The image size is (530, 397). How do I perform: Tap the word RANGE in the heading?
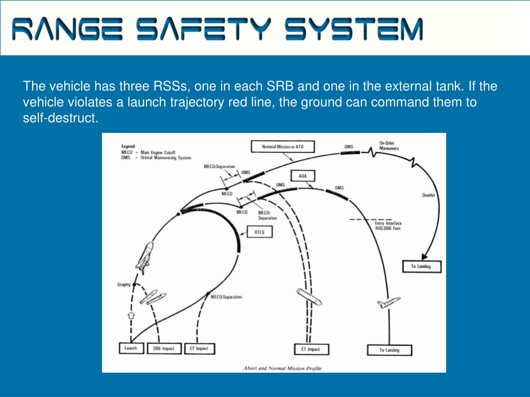click(x=67, y=29)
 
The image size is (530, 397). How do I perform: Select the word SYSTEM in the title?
click(x=354, y=29)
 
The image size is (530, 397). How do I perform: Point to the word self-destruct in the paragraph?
click(x=60, y=118)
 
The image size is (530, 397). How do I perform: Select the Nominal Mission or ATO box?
click(x=283, y=147)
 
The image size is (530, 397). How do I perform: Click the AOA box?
click(x=303, y=176)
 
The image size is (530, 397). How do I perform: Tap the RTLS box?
click(x=259, y=233)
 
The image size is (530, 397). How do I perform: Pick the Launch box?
click(x=131, y=348)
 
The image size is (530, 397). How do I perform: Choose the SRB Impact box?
click(x=164, y=348)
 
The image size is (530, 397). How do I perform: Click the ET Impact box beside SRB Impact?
click(x=199, y=348)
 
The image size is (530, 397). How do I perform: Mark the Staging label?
click(x=124, y=284)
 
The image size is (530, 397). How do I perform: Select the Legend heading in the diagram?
click(x=128, y=146)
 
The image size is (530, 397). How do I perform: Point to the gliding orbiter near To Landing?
click(x=388, y=303)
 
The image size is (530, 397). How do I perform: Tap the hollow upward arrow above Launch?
click(x=131, y=314)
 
